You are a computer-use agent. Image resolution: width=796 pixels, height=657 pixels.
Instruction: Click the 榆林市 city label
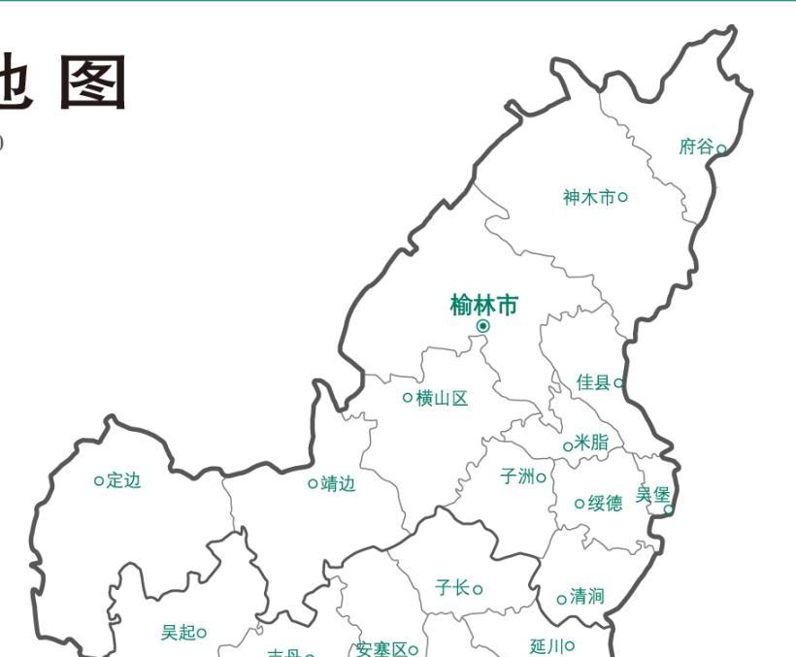pyautogui.click(x=483, y=306)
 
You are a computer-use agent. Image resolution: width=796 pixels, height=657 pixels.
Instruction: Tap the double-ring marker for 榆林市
pyautogui.click(x=482, y=326)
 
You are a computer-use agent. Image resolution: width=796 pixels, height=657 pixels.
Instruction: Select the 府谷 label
pyautogui.click(x=696, y=148)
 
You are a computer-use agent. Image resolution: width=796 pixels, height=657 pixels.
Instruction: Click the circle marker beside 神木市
pyautogui.click(x=623, y=197)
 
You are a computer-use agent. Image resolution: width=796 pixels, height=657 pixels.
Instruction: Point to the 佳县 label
pyautogui.click(x=593, y=382)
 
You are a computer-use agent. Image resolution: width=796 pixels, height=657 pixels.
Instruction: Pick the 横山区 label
pyautogui.click(x=442, y=398)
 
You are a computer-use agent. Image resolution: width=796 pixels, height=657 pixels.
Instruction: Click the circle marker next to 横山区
pyautogui.click(x=407, y=397)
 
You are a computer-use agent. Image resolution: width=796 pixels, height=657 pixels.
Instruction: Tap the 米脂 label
pyautogui.click(x=591, y=443)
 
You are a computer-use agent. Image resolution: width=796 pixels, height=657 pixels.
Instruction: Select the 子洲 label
pyautogui.click(x=517, y=476)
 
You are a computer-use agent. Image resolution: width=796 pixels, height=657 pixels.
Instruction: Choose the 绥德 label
pyautogui.click(x=606, y=503)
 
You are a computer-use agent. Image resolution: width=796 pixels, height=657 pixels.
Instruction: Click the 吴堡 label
pyautogui.click(x=653, y=495)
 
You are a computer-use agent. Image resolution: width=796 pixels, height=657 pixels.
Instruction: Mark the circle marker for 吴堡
pyautogui.click(x=668, y=509)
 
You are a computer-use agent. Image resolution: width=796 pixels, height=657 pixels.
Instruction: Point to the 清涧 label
pyautogui.click(x=586, y=596)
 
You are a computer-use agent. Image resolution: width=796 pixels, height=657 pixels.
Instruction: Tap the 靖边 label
pyautogui.click(x=338, y=483)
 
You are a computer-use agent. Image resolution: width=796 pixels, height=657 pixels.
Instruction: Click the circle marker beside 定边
pyautogui.click(x=98, y=480)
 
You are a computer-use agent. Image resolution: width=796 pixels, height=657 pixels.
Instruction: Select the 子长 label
pyautogui.click(x=452, y=587)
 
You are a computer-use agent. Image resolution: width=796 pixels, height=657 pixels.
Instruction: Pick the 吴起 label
pyautogui.click(x=178, y=633)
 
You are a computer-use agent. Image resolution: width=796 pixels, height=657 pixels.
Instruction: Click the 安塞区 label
pyautogui.click(x=381, y=649)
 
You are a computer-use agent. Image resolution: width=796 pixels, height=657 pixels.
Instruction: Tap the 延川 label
pyautogui.click(x=547, y=645)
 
